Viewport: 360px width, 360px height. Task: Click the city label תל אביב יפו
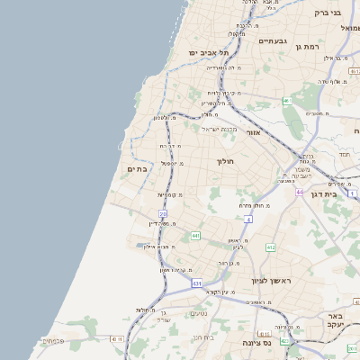pyautogui.click(x=206, y=53)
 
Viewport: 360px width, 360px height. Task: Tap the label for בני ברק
pyautogui.click(x=328, y=13)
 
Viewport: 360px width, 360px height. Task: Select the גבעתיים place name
pyautogui.click(x=273, y=40)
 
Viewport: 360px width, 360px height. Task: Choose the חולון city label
pyautogui.click(x=225, y=162)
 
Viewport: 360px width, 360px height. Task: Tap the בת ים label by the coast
pyautogui.click(x=138, y=168)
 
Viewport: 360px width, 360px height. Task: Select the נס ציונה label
pyautogui.click(x=255, y=343)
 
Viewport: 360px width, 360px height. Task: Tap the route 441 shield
pyautogui.click(x=195, y=236)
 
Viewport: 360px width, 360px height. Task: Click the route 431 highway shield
pyautogui.click(x=197, y=283)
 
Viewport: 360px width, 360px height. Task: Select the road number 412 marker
pyautogui.click(x=271, y=247)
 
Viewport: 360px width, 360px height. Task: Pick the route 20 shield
pyautogui.click(x=163, y=213)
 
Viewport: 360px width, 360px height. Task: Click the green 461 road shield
pyautogui.click(x=286, y=102)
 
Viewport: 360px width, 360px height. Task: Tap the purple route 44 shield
pyautogui.click(x=300, y=193)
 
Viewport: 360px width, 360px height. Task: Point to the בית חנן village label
pyautogui.click(x=202, y=337)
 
